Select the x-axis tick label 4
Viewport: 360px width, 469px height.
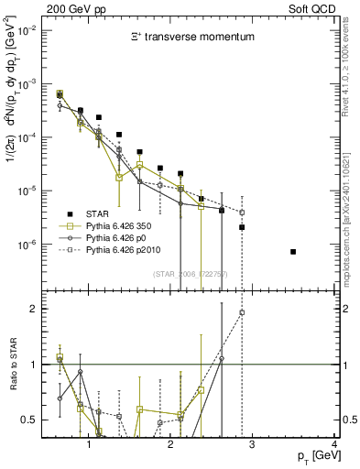(x=334, y=444)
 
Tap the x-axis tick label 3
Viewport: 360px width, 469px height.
(x=253, y=444)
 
